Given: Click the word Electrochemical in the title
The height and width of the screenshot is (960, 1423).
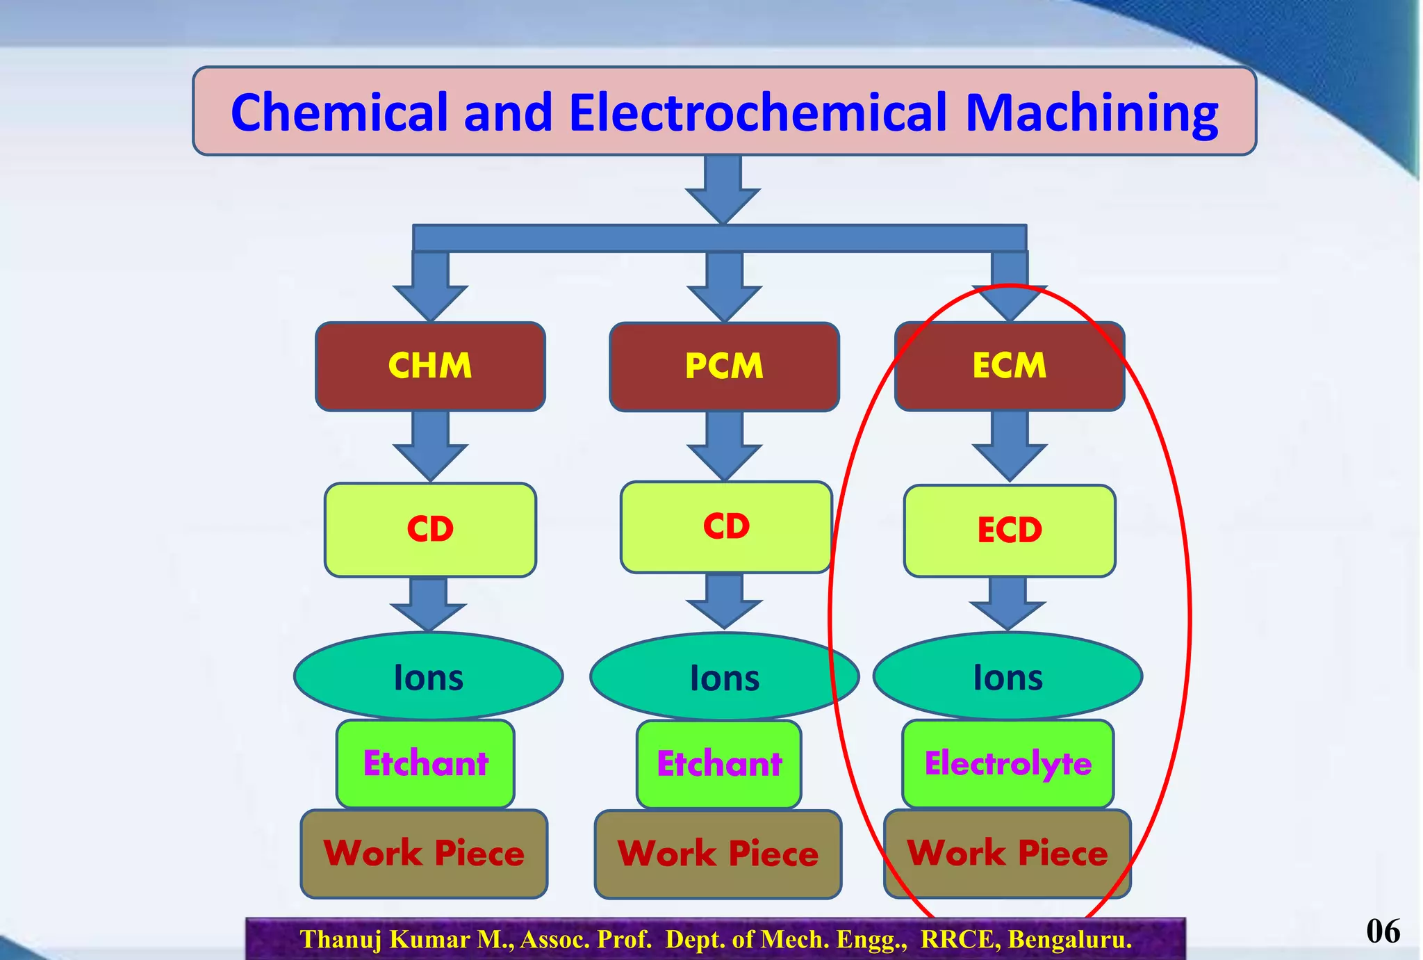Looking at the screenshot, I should (757, 113).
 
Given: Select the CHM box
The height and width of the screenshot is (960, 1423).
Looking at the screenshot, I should (430, 366).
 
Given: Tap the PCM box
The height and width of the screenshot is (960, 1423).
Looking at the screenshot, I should (724, 366).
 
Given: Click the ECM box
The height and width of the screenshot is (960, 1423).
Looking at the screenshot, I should (1009, 366).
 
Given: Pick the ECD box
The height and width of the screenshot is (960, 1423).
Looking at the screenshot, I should (1009, 530).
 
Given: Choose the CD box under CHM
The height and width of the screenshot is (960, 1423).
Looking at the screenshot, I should (430, 530).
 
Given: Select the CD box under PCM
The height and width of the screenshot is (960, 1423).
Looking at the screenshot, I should (726, 527).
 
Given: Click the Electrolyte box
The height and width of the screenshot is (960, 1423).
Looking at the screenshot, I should (1007, 763).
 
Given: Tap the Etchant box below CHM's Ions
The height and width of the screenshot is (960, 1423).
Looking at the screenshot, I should (425, 763).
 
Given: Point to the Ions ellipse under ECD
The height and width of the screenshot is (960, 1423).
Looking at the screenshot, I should (1007, 676).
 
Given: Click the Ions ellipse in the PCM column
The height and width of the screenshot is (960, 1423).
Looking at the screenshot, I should (725, 676).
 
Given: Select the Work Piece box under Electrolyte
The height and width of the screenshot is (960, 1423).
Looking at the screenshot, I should (1007, 854).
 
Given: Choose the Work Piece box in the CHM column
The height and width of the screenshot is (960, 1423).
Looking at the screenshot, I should (424, 854).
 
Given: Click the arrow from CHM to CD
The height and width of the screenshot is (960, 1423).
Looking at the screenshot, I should (430, 445).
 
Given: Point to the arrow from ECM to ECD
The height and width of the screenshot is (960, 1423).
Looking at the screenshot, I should (1009, 445).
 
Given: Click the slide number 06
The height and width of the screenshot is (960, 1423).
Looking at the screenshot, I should (1383, 931).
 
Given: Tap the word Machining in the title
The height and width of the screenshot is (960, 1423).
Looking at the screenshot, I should (1091, 113).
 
